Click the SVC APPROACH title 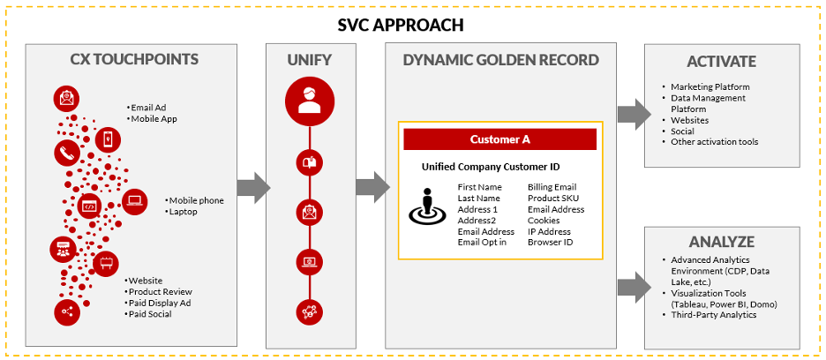pyautogui.click(x=412, y=25)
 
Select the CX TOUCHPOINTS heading pyautogui.click(x=134, y=60)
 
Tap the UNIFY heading pyautogui.click(x=309, y=60)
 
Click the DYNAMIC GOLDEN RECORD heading pyautogui.click(x=500, y=60)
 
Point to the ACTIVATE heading pyautogui.click(x=721, y=62)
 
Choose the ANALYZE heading pyautogui.click(x=721, y=242)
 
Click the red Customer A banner pyautogui.click(x=500, y=139)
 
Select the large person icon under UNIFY pyautogui.click(x=310, y=101)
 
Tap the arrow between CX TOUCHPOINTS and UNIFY pyautogui.click(x=253, y=185)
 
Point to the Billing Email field pyautogui.click(x=552, y=187)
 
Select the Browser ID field pyautogui.click(x=550, y=242)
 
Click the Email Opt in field pyautogui.click(x=482, y=242)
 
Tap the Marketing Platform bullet pyautogui.click(x=710, y=86)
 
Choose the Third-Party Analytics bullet pyautogui.click(x=713, y=314)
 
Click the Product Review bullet pyautogui.click(x=160, y=291)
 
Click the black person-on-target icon pyautogui.click(x=428, y=208)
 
